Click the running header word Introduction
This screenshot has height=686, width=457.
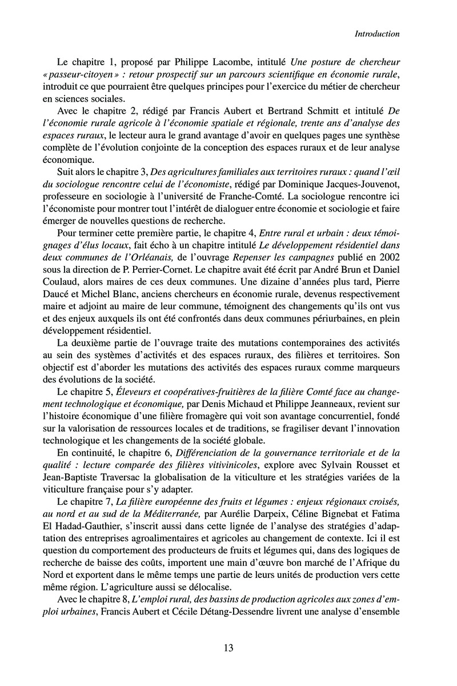(376, 34)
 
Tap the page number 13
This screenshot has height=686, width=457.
(228, 648)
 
